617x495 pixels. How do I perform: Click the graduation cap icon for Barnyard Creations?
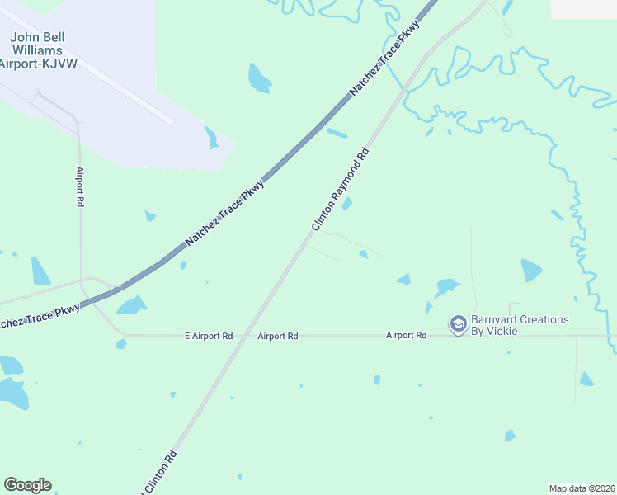[x=458, y=325]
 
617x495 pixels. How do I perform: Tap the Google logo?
[x=27, y=485]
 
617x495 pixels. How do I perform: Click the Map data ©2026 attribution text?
[x=582, y=488]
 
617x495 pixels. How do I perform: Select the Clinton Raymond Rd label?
[x=339, y=191]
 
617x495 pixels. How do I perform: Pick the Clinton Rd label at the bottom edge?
[x=160, y=469]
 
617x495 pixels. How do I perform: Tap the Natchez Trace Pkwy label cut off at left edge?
[x=40, y=313]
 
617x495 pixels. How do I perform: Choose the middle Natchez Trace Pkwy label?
[x=225, y=212]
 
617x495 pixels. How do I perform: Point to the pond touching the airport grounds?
[x=212, y=138]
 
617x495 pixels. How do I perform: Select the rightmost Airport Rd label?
[x=407, y=336]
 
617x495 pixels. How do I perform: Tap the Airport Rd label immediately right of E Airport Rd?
[x=277, y=336]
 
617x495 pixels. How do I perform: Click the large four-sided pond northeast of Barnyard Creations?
[x=531, y=270]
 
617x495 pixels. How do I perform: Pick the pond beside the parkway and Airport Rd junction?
[x=131, y=305]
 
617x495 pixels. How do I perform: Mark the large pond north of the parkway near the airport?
[x=259, y=78]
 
